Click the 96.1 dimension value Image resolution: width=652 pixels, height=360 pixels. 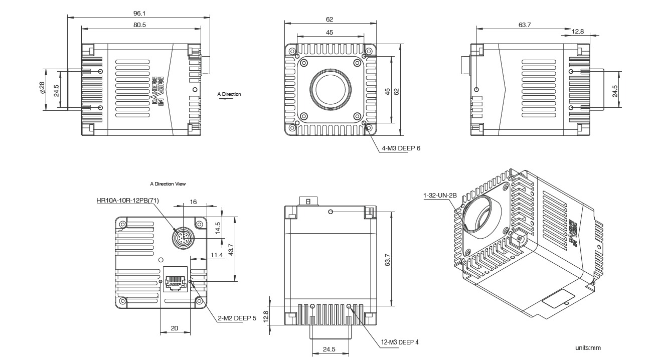click(x=139, y=13)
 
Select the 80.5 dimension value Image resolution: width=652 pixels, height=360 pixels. click(x=139, y=25)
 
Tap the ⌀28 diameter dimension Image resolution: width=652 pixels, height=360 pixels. click(x=42, y=88)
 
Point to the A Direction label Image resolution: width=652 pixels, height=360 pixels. click(x=229, y=94)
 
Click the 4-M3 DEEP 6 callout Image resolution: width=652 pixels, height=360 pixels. click(x=401, y=148)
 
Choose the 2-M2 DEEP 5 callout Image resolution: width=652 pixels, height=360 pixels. click(x=237, y=318)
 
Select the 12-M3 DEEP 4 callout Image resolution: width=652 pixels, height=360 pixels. click(x=400, y=342)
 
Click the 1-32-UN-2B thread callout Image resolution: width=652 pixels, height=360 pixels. click(x=440, y=195)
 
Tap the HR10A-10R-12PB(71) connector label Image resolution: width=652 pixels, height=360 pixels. click(x=127, y=200)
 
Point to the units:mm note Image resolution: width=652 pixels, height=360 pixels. click(x=588, y=348)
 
